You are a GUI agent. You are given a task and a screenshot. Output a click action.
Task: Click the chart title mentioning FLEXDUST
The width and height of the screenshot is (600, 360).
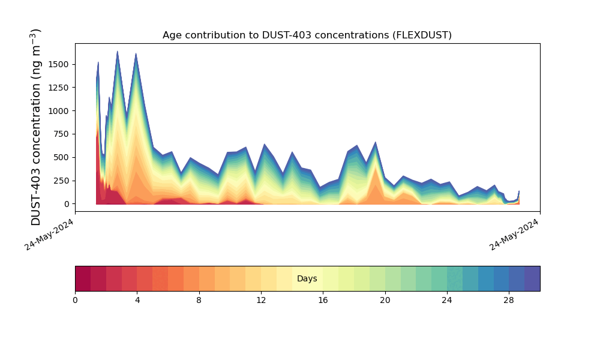(x=307, y=35)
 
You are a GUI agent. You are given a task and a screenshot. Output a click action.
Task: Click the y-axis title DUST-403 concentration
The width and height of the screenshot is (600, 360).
(x=35, y=127)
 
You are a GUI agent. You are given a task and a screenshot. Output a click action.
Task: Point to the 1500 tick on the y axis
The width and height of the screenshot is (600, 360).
(x=59, y=64)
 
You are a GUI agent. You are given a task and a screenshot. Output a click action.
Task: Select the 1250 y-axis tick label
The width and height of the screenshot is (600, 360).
(x=59, y=88)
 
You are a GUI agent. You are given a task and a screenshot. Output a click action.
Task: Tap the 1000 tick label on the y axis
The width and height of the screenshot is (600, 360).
(x=59, y=111)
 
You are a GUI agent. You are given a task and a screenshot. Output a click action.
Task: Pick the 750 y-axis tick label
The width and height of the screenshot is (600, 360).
(x=61, y=134)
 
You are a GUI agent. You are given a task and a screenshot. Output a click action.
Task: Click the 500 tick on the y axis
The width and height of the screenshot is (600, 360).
(x=61, y=158)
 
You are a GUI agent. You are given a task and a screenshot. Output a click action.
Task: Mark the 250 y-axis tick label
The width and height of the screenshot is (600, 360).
(x=61, y=181)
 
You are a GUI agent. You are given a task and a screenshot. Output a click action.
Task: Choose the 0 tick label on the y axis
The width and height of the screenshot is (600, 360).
(x=67, y=204)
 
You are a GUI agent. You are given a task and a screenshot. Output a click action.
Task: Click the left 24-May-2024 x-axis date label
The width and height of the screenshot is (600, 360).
(x=49, y=235)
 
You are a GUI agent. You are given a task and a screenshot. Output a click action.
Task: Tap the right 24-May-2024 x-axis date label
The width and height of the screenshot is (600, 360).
(x=514, y=235)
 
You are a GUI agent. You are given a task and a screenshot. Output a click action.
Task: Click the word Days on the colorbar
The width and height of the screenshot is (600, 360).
(x=307, y=278)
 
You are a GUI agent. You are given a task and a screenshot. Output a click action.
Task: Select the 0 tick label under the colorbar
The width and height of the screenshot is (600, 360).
(x=76, y=301)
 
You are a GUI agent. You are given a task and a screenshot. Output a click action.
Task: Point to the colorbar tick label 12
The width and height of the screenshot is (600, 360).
(x=261, y=301)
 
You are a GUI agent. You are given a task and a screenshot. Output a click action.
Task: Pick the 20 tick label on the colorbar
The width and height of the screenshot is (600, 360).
(x=385, y=301)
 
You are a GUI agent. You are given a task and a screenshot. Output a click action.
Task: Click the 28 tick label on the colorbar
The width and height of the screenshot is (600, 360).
(x=509, y=301)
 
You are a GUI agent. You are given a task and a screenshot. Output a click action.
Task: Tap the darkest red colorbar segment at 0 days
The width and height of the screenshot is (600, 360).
(x=83, y=278)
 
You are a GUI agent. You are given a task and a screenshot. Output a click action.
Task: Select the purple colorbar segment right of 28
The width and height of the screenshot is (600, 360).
(x=532, y=278)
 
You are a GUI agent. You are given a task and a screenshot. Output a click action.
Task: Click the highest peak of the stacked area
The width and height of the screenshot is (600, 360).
(x=118, y=51)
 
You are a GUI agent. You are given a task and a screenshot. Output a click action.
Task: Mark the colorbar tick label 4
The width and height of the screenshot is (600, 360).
(x=137, y=301)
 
